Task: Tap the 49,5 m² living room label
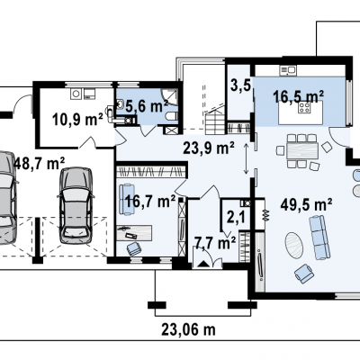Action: pyautogui.click(x=306, y=205)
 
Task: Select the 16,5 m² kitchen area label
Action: pyautogui.click(x=299, y=96)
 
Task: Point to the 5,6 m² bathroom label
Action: pyautogui.click(x=147, y=106)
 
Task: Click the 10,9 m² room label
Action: pyautogui.click(x=77, y=119)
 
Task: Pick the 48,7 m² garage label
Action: pyautogui.click(x=40, y=164)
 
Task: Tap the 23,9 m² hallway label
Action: pyautogui.click(x=209, y=148)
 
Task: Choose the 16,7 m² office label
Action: pyautogui.click(x=150, y=201)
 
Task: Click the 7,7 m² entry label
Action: pyautogui.click(x=215, y=243)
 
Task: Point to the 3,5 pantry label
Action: pyautogui.click(x=240, y=85)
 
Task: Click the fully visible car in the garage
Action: pyautogui.click(x=76, y=206)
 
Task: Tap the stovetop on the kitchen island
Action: pyautogui.click(x=304, y=107)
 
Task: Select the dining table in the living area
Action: pyautogui.click(x=302, y=150)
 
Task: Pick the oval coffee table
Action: pyautogui.click(x=293, y=245)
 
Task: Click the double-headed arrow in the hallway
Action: pyautogui.click(x=246, y=158)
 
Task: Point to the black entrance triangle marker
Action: pyautogui.click(x=203, y=264)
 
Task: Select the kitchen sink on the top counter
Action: pyautogui.click(x=288, y=70)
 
